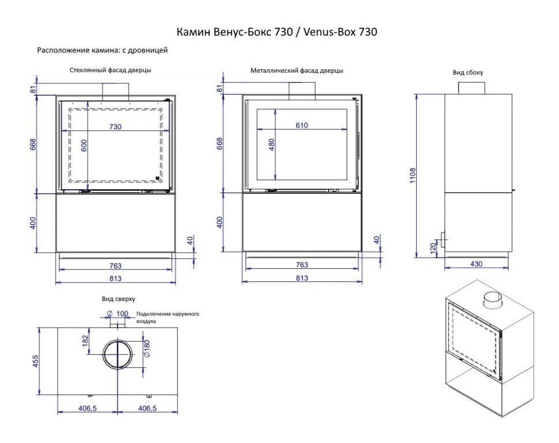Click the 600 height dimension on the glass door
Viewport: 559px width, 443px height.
point(84,146)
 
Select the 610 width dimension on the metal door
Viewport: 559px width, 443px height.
point(302,125)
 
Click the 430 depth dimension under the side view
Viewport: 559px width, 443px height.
point(476,264)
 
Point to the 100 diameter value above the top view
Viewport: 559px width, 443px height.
point(122,314)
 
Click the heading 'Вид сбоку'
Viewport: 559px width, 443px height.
point(468,73)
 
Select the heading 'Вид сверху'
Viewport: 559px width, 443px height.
point(118,299)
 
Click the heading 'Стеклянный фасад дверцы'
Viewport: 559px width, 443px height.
point(111,70)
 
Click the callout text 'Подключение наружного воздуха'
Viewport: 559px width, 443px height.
point(167,317)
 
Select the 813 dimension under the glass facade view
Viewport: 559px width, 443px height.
point(115,279)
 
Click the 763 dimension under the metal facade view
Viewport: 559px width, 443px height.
point(301,265)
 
